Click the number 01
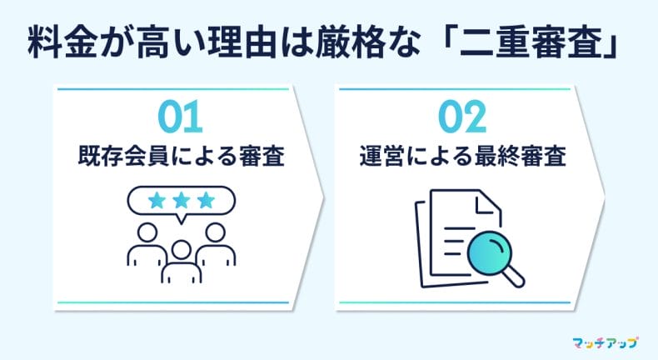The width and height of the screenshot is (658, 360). pyautogui.click(x=180, y=117)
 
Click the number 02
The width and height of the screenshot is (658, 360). pyautogui.click(x=461, y=117)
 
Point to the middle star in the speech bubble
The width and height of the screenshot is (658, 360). pyautogui.click(x=181, y=201)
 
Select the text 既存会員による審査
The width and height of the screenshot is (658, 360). pyautogui.click(x=181, y=156)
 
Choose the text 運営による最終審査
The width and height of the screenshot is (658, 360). pyautogui.click(x=463, y=156)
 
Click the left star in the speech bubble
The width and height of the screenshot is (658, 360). pyautogui.click(x=156, y=201)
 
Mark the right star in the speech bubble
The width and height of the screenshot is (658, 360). pyautogui.click(x=206, y=201)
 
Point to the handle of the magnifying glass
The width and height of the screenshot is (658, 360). pyautogui.click(x=514, y=272)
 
